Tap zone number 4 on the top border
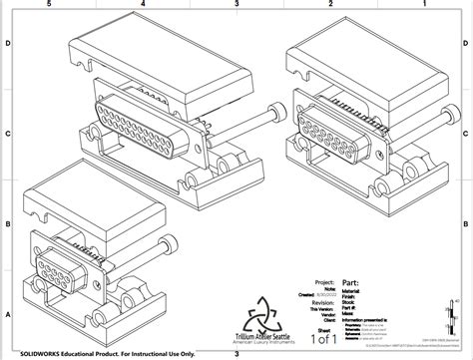(x=144, y=5)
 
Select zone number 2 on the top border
(x=329, y=5)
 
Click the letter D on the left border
(x=8, y=44)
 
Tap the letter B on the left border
(x=8, y=223)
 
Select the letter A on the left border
(x=8, y=312)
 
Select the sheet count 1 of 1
(x=325, y=337)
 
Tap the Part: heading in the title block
(x=351, y=282)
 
